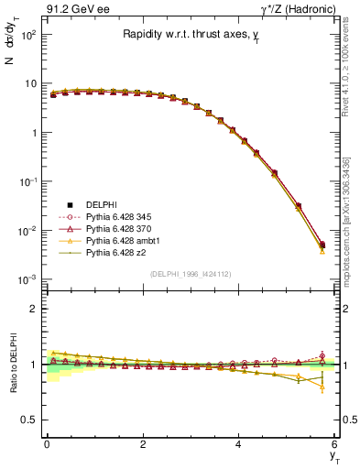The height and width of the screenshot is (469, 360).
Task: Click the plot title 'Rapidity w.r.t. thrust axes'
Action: click(x=191, y=35)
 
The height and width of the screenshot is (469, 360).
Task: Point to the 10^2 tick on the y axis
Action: click(x=27, y=34)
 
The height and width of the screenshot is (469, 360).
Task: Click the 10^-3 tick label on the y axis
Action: click(x=27, y=278)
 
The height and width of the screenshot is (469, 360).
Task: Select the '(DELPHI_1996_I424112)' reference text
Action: click(x=191, y=273)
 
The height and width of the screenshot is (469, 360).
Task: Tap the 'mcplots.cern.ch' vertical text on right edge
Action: click(x=352, y=220)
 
